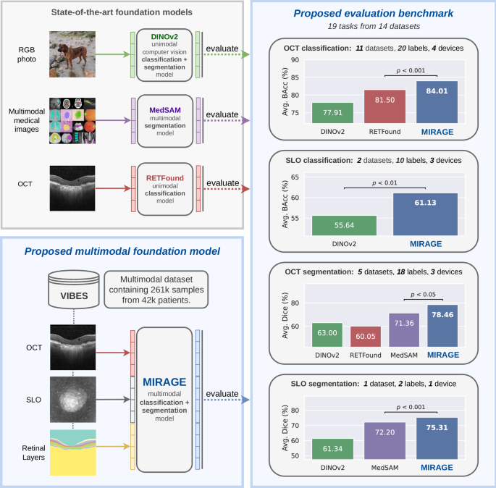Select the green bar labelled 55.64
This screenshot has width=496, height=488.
tap(345, 225)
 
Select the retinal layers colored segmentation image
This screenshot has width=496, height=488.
tap(74, 453)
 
